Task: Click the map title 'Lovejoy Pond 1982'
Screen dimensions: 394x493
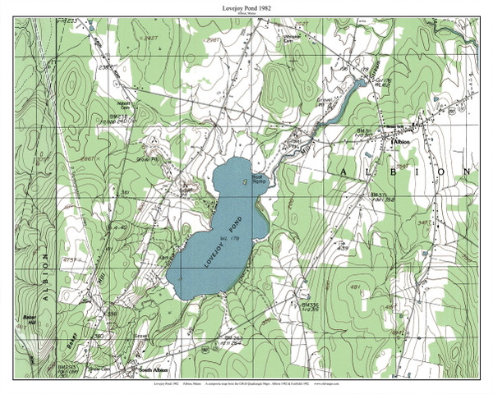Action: [246, 7]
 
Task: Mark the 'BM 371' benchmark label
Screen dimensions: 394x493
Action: [378, 195]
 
